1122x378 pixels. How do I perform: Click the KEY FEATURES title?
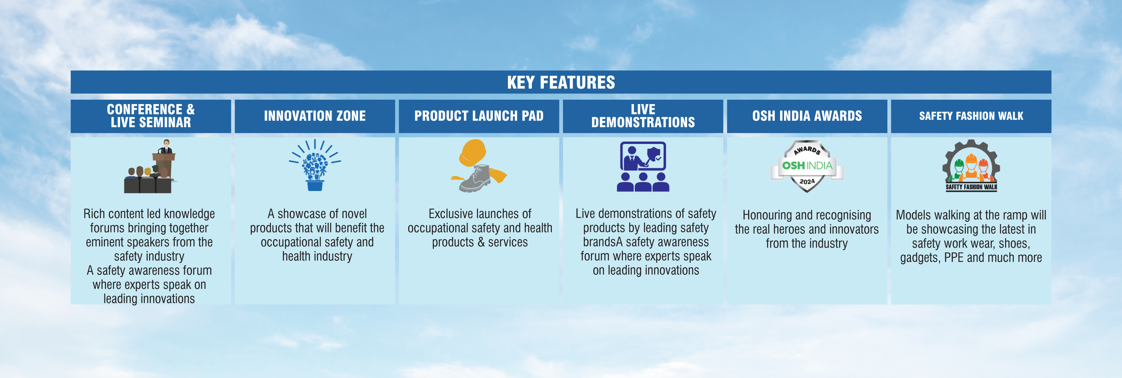point(561,82)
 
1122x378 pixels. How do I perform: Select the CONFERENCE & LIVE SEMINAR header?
point(151,116)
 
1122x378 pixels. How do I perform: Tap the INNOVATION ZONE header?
point(315,116)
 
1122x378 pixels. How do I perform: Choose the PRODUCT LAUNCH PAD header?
point(479,116)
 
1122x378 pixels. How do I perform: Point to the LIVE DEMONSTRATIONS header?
point(643,116)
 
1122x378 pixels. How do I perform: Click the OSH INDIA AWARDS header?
point(807,116)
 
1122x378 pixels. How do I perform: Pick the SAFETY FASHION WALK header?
point(971,116)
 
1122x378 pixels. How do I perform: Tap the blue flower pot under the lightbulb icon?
point(315,186)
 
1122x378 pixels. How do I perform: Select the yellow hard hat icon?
point(472,152)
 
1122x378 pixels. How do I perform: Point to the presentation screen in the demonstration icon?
point(643,156)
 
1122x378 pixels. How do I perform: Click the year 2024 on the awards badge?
point(807,181)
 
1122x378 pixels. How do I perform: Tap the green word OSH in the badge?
point(793,165)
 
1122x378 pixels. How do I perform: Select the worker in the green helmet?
point(959,170)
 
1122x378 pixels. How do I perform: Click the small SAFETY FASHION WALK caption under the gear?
point(971,187)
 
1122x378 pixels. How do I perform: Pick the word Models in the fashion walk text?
point(911,215)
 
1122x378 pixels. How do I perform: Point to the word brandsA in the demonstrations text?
point(603,242)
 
